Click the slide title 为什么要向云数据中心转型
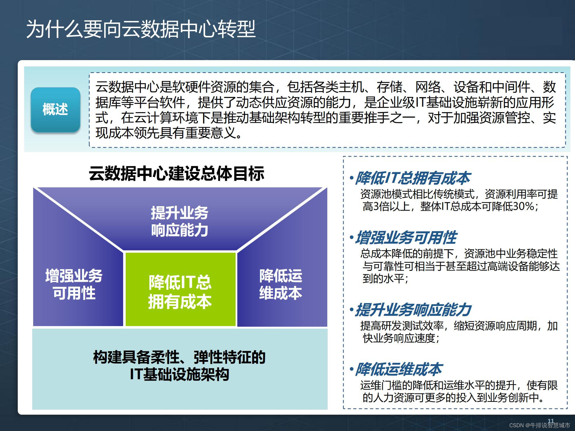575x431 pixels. tap(141, 29)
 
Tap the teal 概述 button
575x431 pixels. tap(55, 110)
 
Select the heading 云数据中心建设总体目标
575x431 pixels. tap(176, 173)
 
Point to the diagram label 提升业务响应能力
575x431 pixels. tap(179, 221)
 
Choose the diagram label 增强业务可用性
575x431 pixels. tap(74, 284)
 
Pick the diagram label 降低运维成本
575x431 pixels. tap(281, 284)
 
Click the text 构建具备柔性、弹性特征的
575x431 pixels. tap(179, 357)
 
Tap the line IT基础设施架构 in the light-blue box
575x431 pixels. tap(179, 374)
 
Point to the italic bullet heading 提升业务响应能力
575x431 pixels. tap(413, 310)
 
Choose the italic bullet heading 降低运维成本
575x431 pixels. tap(398, 369)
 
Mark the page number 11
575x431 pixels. tap(551, 421)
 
